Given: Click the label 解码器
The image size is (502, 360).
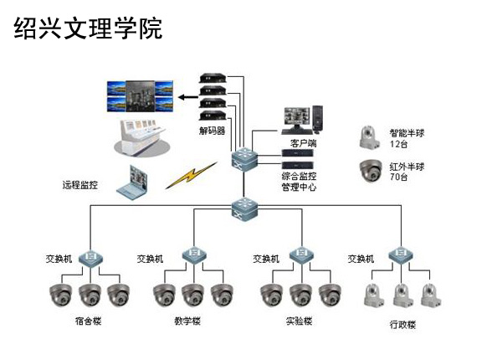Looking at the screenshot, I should (212, 131).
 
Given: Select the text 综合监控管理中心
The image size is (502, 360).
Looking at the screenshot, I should (300, 182).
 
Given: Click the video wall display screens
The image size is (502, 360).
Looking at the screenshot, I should (140, 96).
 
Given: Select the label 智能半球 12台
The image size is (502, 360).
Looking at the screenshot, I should (407, 139).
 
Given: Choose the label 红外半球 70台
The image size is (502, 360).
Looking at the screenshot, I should (407, 172).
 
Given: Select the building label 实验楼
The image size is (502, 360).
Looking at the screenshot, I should (298, 321).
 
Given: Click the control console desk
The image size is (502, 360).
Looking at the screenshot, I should (144, 134).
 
